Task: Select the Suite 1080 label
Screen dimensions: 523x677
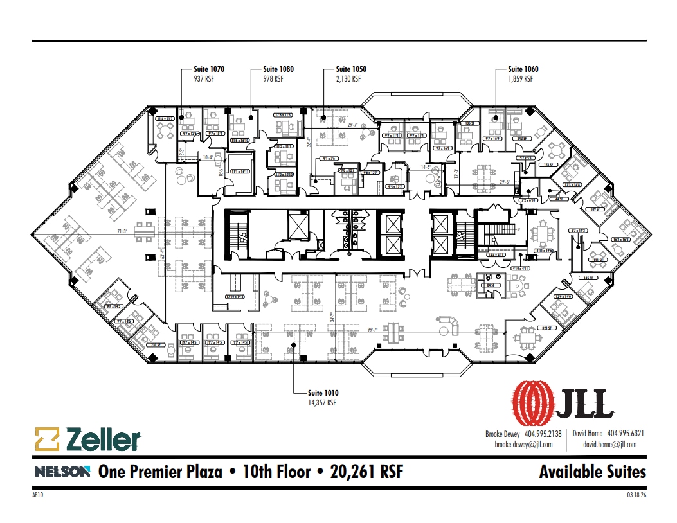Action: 278,69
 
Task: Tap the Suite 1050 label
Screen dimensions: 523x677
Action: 351,69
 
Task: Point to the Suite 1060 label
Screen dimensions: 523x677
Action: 523,69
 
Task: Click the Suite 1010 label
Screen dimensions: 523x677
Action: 323,393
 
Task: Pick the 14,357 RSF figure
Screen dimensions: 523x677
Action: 322,403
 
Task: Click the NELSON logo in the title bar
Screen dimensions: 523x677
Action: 62,472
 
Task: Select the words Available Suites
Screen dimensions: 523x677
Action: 592,472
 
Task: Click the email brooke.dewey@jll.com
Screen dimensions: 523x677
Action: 523,444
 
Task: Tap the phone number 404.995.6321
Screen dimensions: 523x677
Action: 626,434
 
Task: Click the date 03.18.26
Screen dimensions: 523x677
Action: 635,495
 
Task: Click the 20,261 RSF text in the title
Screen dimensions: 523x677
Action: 366,472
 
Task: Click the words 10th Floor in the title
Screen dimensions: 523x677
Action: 276,472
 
